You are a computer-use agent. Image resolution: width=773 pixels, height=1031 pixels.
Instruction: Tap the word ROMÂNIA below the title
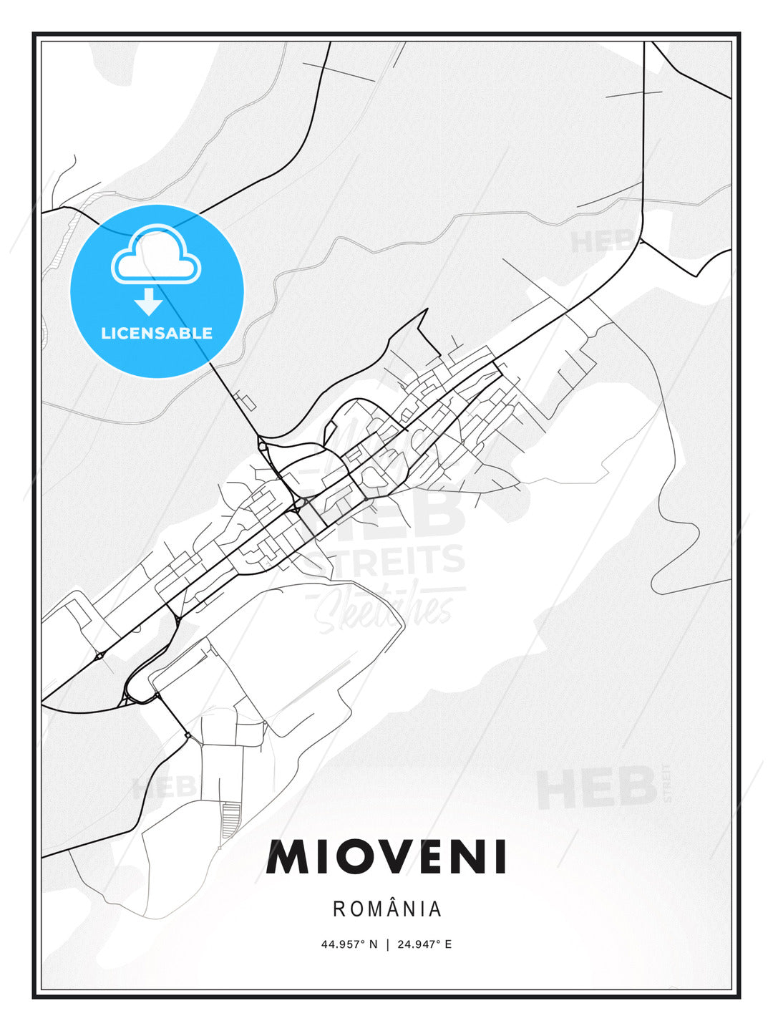pyautogui.click(x=387, y=909)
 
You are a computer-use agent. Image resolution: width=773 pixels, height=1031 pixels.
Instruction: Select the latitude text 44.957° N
pyautogui.click(x=349, y=944)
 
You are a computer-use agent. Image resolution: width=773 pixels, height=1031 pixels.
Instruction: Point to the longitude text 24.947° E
pyautogui.click(x=423, y=944)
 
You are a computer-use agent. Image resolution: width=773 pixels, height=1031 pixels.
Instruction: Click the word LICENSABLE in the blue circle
pyautogui.click(x=157, y=333)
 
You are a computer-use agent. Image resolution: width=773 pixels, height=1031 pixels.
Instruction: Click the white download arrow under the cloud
pyautogui.click(x=148, y=302)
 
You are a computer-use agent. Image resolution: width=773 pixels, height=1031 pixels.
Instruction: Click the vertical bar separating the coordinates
pyautogui.click(x=387, y=944)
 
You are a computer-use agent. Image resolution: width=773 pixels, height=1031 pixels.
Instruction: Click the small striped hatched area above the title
pyautogui.click(x=230, y=821)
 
